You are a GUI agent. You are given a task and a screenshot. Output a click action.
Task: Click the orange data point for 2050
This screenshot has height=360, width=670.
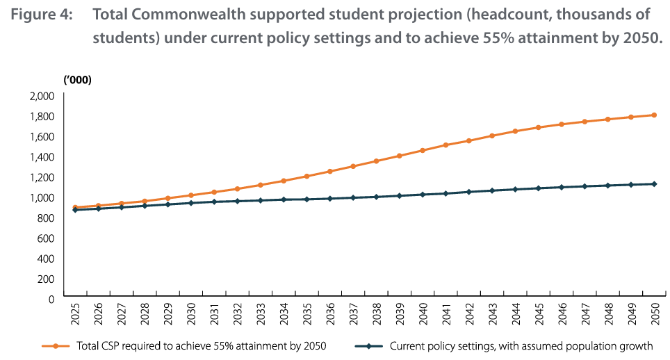(655, 115)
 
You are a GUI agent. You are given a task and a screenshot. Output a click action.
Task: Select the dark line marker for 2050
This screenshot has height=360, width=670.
(655, 183)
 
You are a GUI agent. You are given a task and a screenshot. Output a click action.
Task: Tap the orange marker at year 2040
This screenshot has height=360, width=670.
(423, 150)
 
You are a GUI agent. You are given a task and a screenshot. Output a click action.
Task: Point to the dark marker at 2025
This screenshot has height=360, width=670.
(74, 209)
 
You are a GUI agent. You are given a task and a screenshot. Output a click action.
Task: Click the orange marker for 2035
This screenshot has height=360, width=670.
(307, 176)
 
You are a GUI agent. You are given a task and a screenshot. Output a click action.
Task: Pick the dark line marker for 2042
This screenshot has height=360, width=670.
(469, 191)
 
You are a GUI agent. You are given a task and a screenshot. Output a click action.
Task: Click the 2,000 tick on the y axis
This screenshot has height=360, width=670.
(42, 95)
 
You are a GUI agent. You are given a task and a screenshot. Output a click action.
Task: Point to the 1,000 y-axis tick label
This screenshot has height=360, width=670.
(42, 197)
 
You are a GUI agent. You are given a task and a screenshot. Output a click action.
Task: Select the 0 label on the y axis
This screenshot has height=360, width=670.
(51, 298)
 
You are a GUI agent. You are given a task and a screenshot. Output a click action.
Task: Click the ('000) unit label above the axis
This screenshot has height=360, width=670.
(78, 80)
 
